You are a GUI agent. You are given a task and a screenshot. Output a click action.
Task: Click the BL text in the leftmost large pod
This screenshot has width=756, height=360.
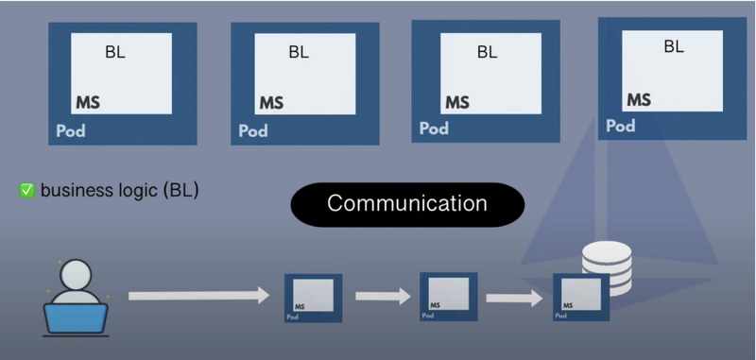[x=115, y=52]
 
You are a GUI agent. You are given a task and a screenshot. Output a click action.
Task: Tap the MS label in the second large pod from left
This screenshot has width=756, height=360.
[x=271, y=103]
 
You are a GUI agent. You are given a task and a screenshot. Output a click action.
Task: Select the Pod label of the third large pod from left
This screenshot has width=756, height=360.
[x=434, y=129]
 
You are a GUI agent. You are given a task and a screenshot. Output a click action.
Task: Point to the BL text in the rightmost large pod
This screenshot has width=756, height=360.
[x=674, y=46]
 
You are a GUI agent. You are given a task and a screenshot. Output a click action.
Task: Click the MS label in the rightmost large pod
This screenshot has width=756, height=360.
[x=639, y=100]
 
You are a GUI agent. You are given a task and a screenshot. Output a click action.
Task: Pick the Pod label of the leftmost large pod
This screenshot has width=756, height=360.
[x=70, y=130]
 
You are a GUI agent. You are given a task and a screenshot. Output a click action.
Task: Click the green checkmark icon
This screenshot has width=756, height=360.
[x=27, y=191]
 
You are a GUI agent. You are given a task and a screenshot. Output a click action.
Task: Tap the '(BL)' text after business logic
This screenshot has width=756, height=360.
[x=180, y=191]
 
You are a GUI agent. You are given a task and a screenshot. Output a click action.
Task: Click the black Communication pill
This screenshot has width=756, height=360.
[x=407, y=204]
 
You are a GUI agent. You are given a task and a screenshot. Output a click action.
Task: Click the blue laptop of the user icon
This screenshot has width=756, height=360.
[x=76, y=318]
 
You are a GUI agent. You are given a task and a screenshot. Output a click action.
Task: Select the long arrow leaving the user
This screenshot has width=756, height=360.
[x=198, y=296]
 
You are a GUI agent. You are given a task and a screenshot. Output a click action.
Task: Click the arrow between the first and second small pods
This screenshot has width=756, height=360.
[x=384, y=296]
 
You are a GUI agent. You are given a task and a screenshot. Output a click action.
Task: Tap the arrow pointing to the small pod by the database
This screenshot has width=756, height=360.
[x=514, y=298]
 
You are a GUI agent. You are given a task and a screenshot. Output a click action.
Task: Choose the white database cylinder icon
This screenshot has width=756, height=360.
[x=607, y=268]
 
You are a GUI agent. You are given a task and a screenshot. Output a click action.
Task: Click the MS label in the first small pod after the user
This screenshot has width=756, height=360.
[x=300, y=306]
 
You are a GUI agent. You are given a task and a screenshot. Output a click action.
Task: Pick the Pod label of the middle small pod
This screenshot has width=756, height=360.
[x=428, y=316]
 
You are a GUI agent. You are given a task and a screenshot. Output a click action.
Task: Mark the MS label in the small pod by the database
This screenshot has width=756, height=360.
[x=568, y=305]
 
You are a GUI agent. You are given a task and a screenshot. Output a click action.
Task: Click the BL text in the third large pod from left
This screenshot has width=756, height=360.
[x=487, y=52]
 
